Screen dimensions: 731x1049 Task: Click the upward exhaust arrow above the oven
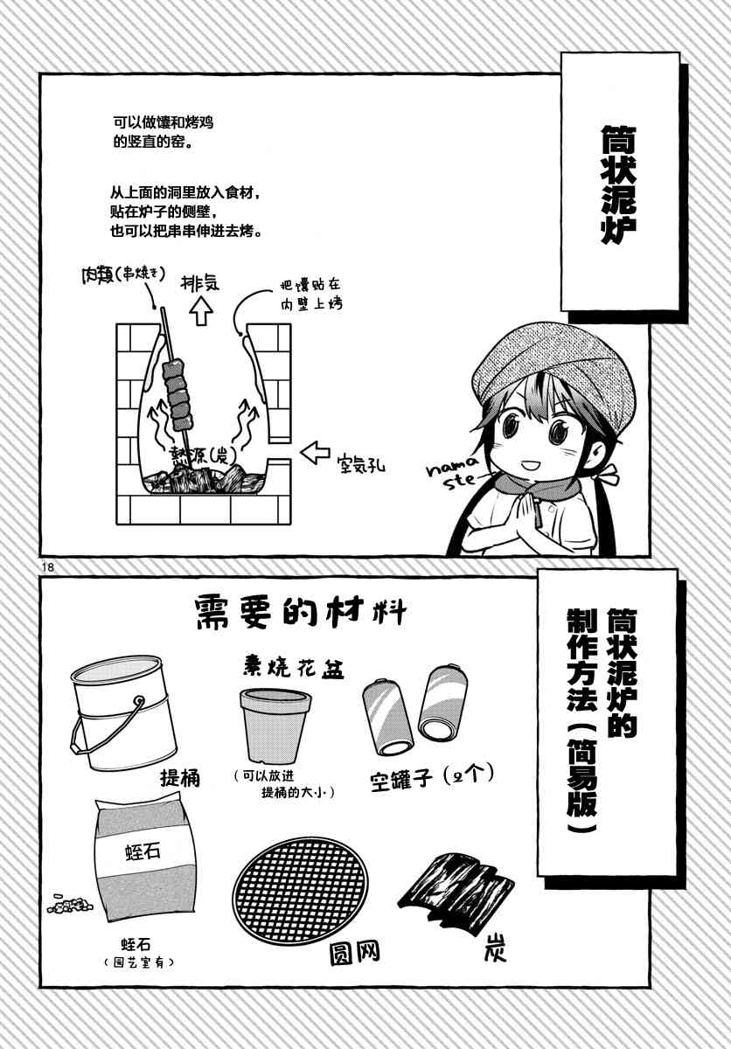[x=201, y=311]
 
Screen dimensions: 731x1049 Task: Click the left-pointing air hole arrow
[x=315, y=453]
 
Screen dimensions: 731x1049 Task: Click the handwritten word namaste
[x=453, y=470]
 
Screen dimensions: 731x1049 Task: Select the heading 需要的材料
[x=300, y=612]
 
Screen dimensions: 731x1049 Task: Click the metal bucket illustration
[x=122, y=712]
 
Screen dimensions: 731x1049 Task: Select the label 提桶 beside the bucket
[x=180, y=778]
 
